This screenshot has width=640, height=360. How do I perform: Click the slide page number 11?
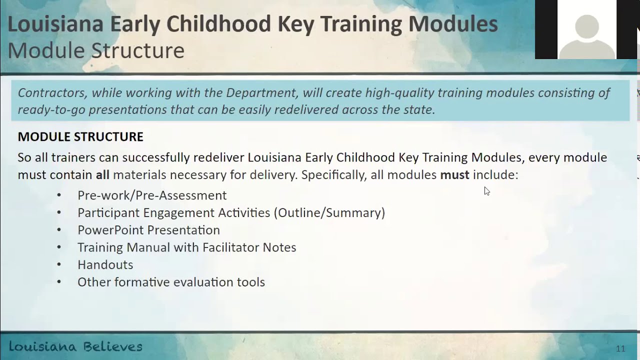click(620, 349)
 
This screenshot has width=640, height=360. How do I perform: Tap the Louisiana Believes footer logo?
click(75, 346)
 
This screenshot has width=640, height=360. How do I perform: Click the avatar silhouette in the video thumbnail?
click(586, 35)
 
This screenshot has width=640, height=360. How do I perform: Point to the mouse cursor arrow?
click(486, 190)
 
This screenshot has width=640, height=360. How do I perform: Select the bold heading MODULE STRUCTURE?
click(80, 137)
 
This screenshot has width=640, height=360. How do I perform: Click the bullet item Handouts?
click(105, 265)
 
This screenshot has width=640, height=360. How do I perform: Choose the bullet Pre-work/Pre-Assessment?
click(152, 195)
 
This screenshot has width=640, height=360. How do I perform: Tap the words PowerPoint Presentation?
click(148, 230)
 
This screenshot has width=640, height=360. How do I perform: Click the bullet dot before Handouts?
click(59, 265)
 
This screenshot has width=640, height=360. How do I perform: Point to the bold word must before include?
click(454, 175)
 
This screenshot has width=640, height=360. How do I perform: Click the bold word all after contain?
click(102, 175)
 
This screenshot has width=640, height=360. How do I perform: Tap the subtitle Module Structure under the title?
click(96, 50)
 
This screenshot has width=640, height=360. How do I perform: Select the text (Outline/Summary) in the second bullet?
click(329, 213)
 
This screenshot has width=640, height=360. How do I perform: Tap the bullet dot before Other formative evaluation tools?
click(59, 282)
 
